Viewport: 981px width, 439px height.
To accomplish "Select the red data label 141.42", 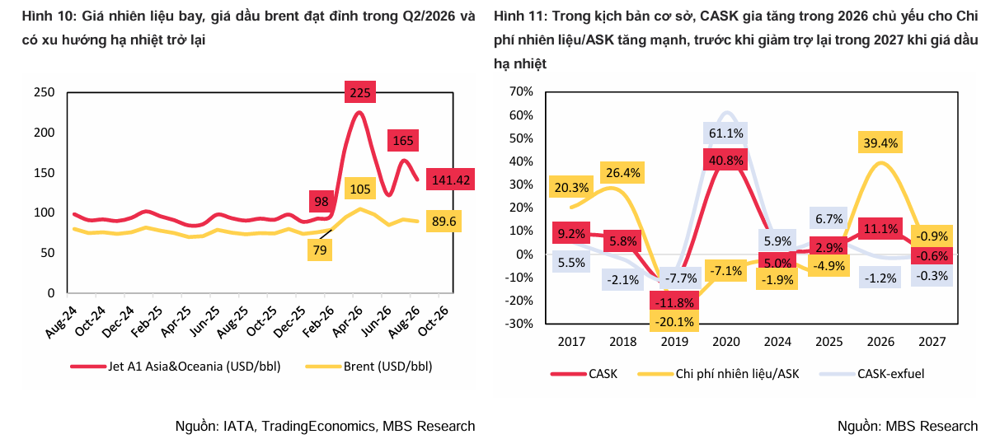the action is (x=451, y=180).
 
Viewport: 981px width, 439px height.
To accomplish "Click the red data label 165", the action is (x=404, y=141).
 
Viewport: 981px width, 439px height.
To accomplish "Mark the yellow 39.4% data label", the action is (x=881, y=143).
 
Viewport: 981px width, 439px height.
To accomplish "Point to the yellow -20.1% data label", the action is (x=674, y=322).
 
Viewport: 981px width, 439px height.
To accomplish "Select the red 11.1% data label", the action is (x=880, y=230).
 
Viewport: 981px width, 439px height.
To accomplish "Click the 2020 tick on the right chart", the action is (x=725, y=342).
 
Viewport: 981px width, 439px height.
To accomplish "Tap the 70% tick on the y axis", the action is (x=522, y=92).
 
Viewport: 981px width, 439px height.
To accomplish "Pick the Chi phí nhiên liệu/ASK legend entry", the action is (x=719, y=374).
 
